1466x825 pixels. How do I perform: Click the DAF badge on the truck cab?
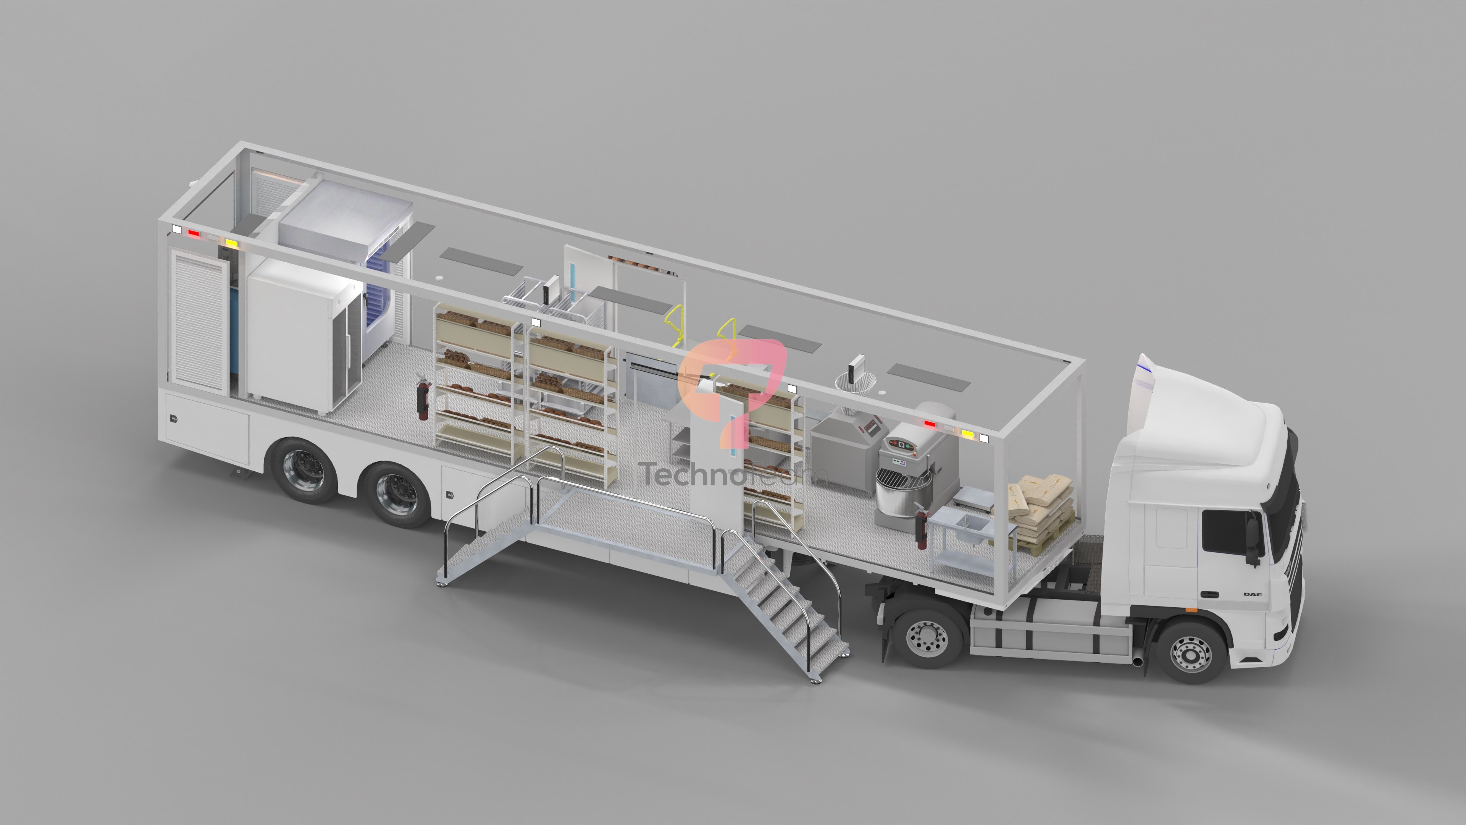[1253, 594]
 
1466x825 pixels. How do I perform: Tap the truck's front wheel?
[1190, 652]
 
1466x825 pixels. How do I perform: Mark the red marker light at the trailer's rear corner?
[194, 233]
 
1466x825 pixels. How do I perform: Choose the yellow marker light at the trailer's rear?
[231, 243]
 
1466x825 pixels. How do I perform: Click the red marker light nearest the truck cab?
[929, 424]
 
